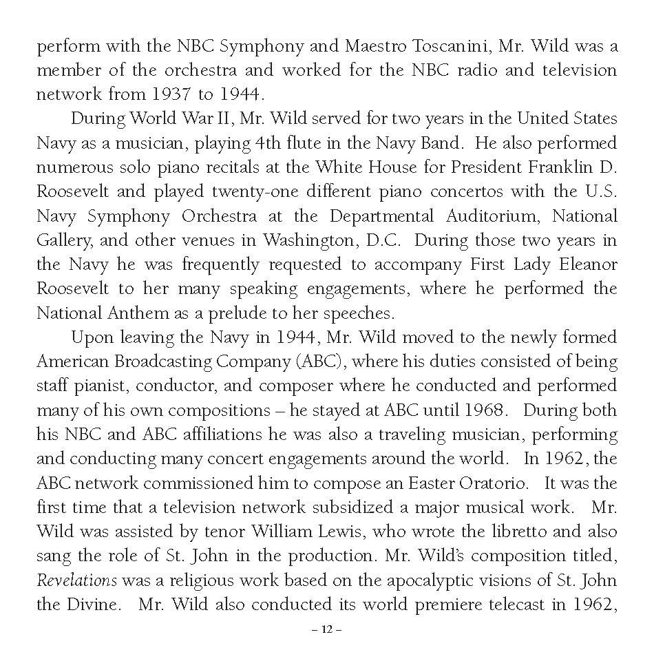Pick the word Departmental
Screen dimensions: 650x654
tap(381, 216)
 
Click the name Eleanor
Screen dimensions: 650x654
tap(584, 264)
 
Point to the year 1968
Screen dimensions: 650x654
tap(483, 410)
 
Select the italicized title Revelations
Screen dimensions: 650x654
tap(76, 580)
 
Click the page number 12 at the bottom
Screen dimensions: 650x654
tap(326, 629)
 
